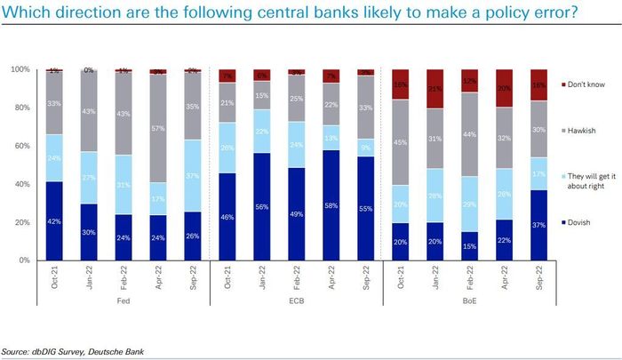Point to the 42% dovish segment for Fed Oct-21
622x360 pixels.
(x=53, y=220)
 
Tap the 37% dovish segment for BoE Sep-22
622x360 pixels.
(x=539, y=225)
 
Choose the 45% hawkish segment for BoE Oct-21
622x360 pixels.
(x=401, y=142)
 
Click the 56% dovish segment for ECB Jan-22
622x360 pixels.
(x=262, y=206)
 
